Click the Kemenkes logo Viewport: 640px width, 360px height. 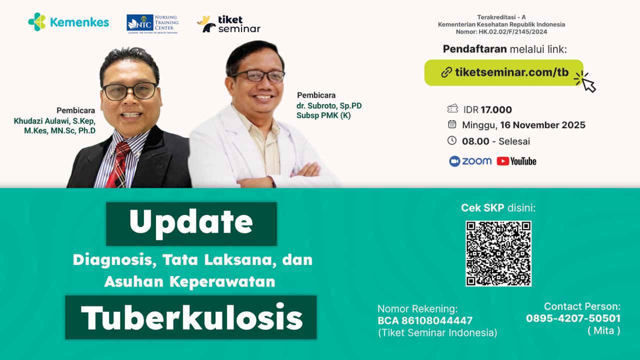pos(68,22)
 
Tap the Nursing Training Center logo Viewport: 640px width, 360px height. pos(152,23)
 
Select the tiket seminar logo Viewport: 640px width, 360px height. pos(228,24)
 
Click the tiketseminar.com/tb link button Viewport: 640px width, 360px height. pos(504,72)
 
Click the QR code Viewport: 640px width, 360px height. pos(498,253)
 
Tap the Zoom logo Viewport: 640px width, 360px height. pos(470,161)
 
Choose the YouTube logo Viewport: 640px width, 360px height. pos(516,161)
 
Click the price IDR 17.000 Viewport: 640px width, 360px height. pos(487,110)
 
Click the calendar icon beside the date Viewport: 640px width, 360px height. pos(452,124)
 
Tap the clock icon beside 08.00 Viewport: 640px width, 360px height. pos(452,140)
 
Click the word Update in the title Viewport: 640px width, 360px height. pos(191,223)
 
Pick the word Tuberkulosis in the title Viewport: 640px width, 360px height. pos(191,317)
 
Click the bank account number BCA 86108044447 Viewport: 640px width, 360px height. pos(425,320)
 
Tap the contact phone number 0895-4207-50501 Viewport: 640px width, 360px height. pos(573,318)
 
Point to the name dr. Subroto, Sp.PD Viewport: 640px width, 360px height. pos(328,106)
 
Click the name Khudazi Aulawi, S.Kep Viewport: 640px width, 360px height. pos(54,121)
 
